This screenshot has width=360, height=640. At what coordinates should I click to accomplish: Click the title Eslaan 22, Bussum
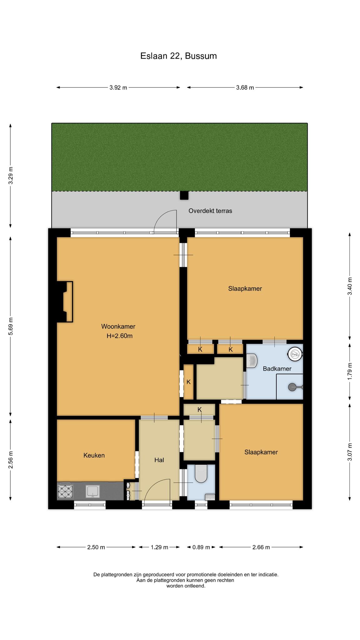(x=178, y=56)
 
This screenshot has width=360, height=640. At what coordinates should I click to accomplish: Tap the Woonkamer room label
(x=118, y=327)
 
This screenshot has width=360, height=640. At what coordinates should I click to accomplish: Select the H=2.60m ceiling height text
(x=120, y=336)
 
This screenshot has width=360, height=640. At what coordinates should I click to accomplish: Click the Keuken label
(x=94, y=455)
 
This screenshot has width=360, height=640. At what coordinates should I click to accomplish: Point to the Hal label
(x=159, y=460)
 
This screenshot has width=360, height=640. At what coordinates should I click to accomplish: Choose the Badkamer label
(x=277, y=369)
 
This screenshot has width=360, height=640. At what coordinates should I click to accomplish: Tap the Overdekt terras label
(x=210, y=211)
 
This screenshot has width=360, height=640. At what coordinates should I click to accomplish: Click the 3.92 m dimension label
(x=118, y=88)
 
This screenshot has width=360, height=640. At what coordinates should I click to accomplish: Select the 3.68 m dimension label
(x=245, y=88)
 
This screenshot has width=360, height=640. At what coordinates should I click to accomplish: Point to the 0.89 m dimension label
(x=201, y=547)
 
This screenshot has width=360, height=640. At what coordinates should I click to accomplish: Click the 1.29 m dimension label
(x=159, y=547)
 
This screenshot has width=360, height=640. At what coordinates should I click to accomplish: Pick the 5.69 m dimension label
(x=11, y=326)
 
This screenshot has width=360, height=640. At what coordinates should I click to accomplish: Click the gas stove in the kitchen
(x=65, y=491)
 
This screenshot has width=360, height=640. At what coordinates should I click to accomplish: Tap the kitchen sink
(x=93, y=491)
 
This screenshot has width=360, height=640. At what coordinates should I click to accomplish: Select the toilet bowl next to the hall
(x=201, y=473)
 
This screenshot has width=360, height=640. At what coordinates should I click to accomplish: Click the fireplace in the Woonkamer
(x=65, y=302)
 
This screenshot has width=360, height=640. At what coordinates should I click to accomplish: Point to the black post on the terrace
(x=184, y=195)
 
